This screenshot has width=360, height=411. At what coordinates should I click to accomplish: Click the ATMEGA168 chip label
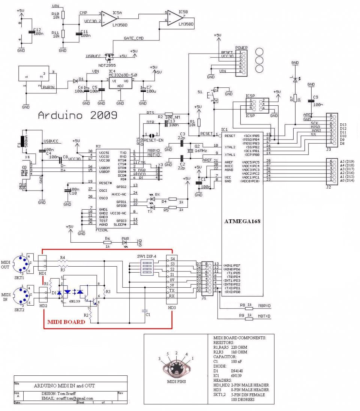(242, 221)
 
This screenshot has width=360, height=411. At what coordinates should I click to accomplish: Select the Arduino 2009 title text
(78, 115)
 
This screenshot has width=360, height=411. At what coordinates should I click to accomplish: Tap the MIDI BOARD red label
(66, 321)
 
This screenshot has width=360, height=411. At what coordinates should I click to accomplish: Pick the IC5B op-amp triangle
(174, 17)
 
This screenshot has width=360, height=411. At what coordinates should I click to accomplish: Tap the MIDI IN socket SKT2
(21, 295)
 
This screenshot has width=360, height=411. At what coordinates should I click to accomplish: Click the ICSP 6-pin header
(255, 104)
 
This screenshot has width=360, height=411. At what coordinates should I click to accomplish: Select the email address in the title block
(67, 398)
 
